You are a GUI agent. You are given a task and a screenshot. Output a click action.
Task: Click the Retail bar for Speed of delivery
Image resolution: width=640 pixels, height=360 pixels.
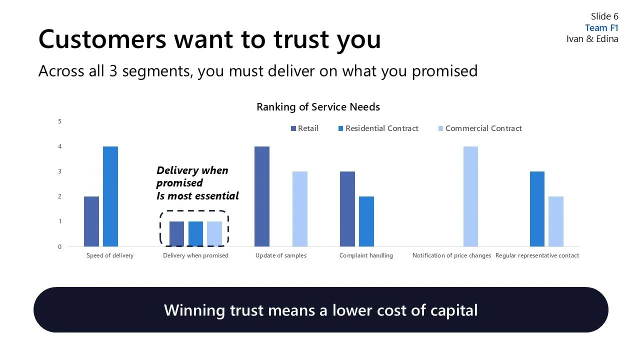[x=91, y=221]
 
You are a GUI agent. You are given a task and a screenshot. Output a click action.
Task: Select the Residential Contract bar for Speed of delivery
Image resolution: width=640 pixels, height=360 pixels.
[x=110, y=196]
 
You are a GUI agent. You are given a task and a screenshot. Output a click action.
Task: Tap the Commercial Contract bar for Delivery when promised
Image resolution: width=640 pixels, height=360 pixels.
[x=214, y=234]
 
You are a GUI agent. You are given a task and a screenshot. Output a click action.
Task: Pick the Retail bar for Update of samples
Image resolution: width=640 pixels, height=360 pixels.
[x=262, y=196]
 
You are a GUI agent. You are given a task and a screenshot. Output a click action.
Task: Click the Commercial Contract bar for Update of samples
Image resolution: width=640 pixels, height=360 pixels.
[x=300, y=209]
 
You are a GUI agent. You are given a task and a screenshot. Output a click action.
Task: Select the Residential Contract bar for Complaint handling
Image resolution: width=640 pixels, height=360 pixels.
[x=366, y=221]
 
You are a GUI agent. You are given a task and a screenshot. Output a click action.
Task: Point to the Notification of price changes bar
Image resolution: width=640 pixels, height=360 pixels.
[x=470, y=196]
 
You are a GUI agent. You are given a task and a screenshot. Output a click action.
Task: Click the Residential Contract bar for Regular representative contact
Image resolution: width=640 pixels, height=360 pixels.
[x=537, y=209]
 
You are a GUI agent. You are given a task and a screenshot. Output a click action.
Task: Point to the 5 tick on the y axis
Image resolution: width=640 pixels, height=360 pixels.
[x=60, y=121]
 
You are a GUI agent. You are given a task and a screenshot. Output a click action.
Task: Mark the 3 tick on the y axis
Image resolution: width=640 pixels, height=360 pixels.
[x=60, y=171]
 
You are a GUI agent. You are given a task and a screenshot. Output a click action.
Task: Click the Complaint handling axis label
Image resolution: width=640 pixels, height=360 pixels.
[x=366, y=255]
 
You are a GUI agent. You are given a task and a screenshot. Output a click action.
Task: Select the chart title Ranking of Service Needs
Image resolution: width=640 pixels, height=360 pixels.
[x=318, y=107]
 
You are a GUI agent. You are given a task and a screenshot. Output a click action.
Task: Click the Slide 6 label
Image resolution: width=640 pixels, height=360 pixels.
[x=604, y=16]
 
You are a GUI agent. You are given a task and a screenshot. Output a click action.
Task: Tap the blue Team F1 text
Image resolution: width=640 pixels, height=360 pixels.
[x=601, y=28]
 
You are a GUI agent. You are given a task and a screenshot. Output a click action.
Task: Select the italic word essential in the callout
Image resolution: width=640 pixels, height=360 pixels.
[x=213, y=196]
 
